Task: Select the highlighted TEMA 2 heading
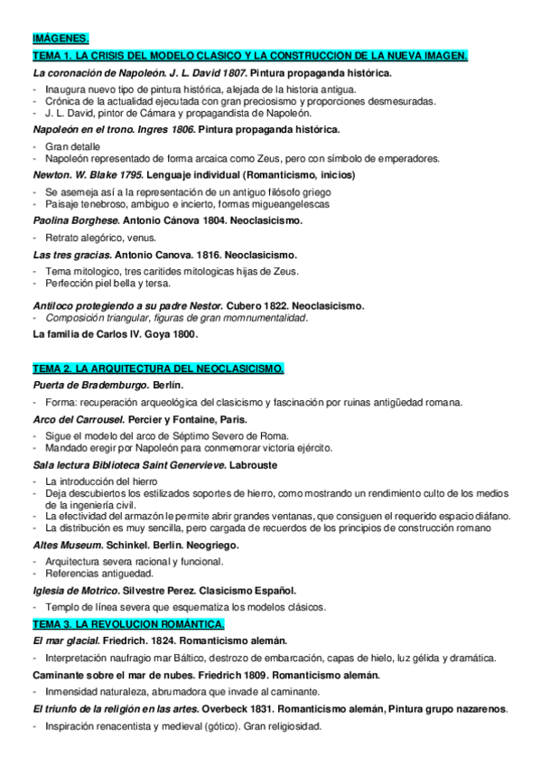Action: click(x=158, y=369)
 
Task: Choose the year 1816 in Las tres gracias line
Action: click(x=192, y=255)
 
